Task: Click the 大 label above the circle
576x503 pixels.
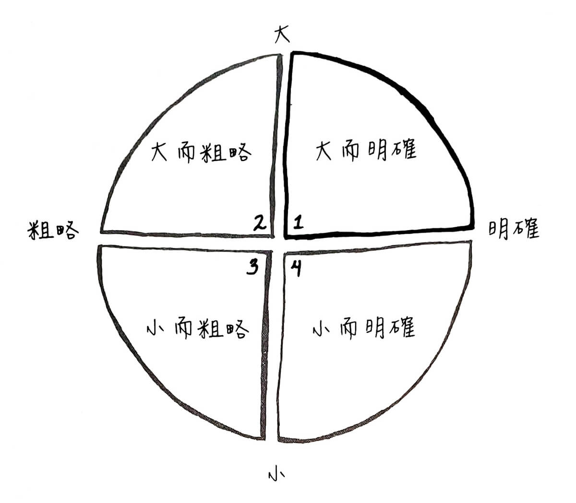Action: tap(282, 35)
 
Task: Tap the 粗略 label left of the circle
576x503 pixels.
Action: tap(52, 231)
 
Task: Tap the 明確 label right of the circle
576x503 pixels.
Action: tap(514, 229)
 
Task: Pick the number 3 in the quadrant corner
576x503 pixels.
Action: tap(252, 267)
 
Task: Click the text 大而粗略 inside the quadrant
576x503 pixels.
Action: tap(201, 152)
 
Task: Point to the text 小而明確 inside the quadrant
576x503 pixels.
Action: tap(363, 328)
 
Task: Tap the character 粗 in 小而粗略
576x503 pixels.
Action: tap(209, 329)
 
